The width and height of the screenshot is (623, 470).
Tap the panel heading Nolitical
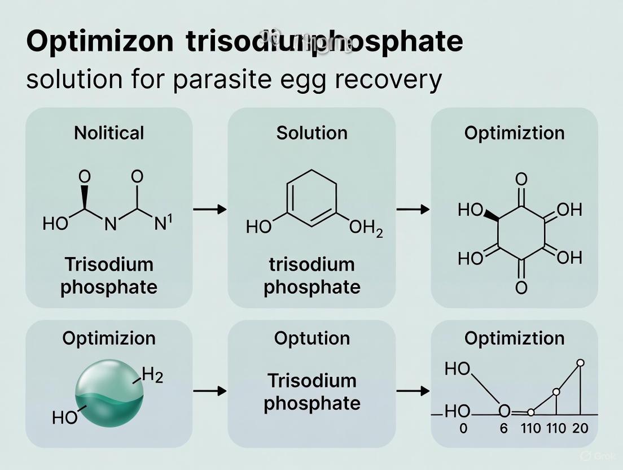[x=109, y=133]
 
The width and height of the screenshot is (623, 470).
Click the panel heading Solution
[x=311, y=133]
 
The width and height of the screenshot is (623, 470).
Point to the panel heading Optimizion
[x=109, y=338]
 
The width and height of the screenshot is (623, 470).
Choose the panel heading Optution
[x=311, y=338]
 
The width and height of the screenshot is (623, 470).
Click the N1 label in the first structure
[x=163, y=224]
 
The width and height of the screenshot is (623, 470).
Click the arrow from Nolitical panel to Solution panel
[x=209, y=210]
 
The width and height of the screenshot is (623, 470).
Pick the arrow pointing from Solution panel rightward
[x=413, y=210]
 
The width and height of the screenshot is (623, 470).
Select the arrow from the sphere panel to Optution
[x=209, y=390]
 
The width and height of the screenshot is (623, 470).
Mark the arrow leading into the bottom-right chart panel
[x=413, y=390]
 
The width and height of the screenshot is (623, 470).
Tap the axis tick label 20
[x=580, y=429]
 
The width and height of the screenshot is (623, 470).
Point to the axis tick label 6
[x=504, y=429]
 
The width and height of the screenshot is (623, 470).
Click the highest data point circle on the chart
[x=581, y=363]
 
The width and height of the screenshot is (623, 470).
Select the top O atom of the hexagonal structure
[x=521, y=180]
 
